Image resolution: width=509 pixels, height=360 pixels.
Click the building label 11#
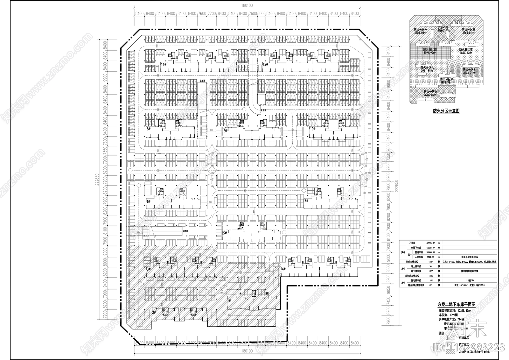point(163,64)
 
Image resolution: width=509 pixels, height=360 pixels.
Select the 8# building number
point(148,129)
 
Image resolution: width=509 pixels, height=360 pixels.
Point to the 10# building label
point(312,129)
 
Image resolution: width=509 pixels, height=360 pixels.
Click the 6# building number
point(148,201)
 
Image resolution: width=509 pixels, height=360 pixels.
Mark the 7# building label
point(306,201)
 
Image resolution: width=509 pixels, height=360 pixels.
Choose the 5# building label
point(225,233)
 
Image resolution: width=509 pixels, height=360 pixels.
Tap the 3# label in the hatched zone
point(148,269)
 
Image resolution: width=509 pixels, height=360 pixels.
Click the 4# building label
point(283,269)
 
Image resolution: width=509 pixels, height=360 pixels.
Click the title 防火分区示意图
point(446,111)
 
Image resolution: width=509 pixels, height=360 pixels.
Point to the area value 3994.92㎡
point(429,53)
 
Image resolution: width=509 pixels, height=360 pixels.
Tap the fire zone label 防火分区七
point(469,69)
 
